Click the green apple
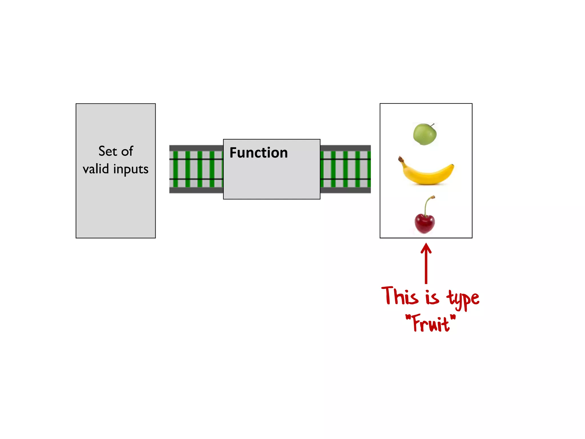tap(425, 134)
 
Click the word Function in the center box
tap(259, 153)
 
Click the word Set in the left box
tap(108, 151)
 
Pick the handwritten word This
tap(400, 296)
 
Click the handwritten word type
tap(463, 299)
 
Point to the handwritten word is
tap(432, 297)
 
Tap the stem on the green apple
tap(432, 125)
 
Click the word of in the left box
tap(127, 151)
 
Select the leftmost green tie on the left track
tap(175, 169)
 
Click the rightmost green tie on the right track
tap(369, 169)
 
